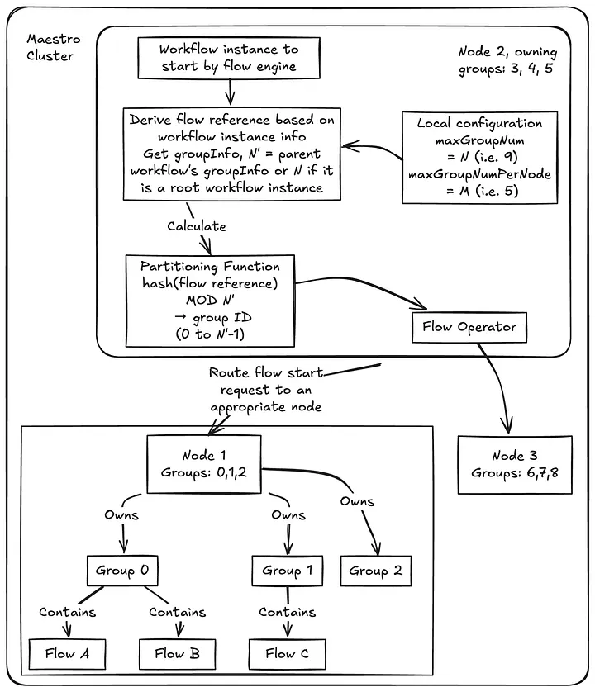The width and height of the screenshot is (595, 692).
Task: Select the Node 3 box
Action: point(514,464)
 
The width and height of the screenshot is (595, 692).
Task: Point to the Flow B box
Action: point(177,653)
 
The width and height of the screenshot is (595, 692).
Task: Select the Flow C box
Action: point(286,653)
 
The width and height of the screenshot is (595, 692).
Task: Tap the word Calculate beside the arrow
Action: point(196,225)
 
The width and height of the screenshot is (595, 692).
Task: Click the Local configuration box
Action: point(479,158)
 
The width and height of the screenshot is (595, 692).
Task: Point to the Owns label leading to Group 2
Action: point(357,501)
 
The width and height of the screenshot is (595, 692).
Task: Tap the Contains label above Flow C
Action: point(287,612)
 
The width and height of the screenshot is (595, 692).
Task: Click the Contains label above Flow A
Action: point(68,612)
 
